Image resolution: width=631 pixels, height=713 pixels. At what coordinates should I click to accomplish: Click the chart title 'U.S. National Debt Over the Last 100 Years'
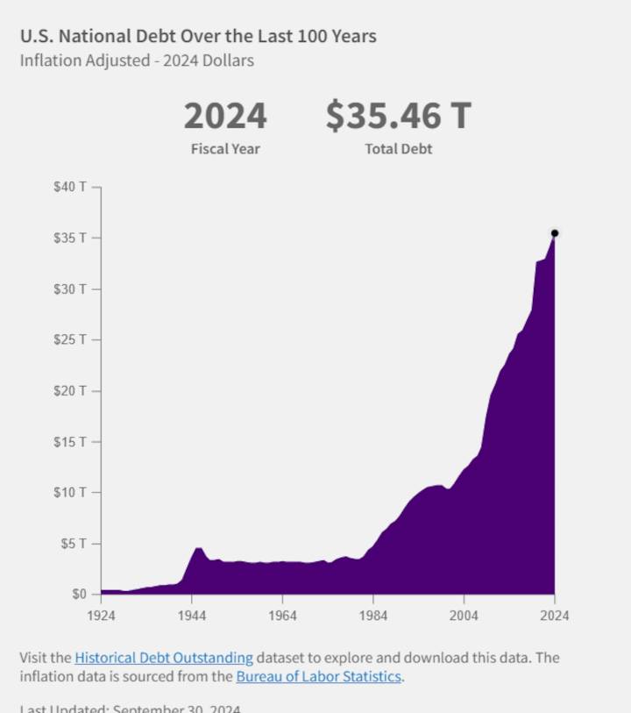pyautogui.click(x=198, y=36)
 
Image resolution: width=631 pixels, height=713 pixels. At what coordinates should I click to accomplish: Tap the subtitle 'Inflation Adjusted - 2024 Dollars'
pyautogui.click(x=137, y=61)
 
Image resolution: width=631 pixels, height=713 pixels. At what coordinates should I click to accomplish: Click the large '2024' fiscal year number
pyautogui.click(x=225, y=116)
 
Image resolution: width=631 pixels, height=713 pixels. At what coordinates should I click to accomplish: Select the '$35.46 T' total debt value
pyautogui.click(x=398, y=116)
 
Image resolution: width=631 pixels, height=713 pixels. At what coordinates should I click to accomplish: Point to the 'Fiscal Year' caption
pyautogui.click(x=225, y=149)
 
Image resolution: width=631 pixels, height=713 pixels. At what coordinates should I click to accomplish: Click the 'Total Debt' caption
pyautogui.click(x=398, y=149)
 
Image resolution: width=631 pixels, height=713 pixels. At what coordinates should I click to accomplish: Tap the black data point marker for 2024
pyautogui.click(x=555, y=233)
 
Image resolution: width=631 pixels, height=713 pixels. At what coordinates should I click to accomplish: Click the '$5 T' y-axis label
pyautogui.click(x=74, y=544)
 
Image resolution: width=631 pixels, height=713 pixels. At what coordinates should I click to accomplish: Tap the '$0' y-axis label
pyautogui.click(x=80, y=595)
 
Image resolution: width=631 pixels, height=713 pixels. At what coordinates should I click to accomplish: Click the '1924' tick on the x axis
pyautogui.click(x=101, y=616)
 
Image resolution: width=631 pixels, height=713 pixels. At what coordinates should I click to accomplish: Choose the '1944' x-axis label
pyautogui.click(x=192, y=616)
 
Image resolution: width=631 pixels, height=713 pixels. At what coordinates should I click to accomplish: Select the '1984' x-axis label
pyautogui.click(x=373, y=616)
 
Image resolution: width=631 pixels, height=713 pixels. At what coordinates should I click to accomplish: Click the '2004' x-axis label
pyautogui.click(x=464, y=616)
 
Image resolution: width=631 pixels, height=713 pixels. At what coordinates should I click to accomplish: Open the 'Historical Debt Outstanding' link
pyautogui.click(x=164, y=658)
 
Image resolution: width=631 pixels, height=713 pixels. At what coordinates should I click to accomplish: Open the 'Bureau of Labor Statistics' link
pyautogui.click(x=318, y=677)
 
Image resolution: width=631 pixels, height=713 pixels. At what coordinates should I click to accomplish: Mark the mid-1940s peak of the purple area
pyautogui.click(x=199, y=548)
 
